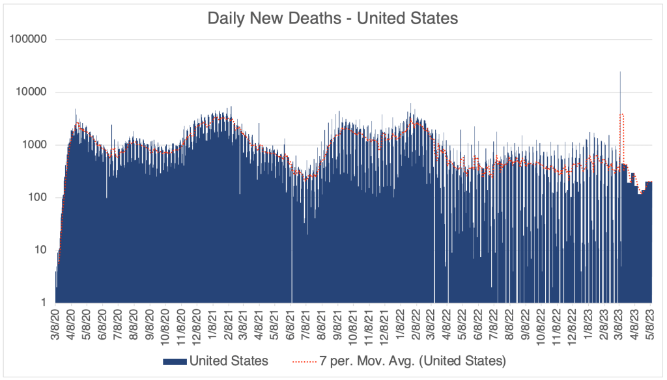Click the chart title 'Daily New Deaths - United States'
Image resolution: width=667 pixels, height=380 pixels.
[x=333, y=18]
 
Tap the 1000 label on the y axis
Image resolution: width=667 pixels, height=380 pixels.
[x=35, y=144]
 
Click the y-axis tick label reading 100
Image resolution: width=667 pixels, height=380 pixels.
[x=37, y=197]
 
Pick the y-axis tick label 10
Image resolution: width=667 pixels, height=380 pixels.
[x=40, y=250]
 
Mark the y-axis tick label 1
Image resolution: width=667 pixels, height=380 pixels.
[x=42, y=303]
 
